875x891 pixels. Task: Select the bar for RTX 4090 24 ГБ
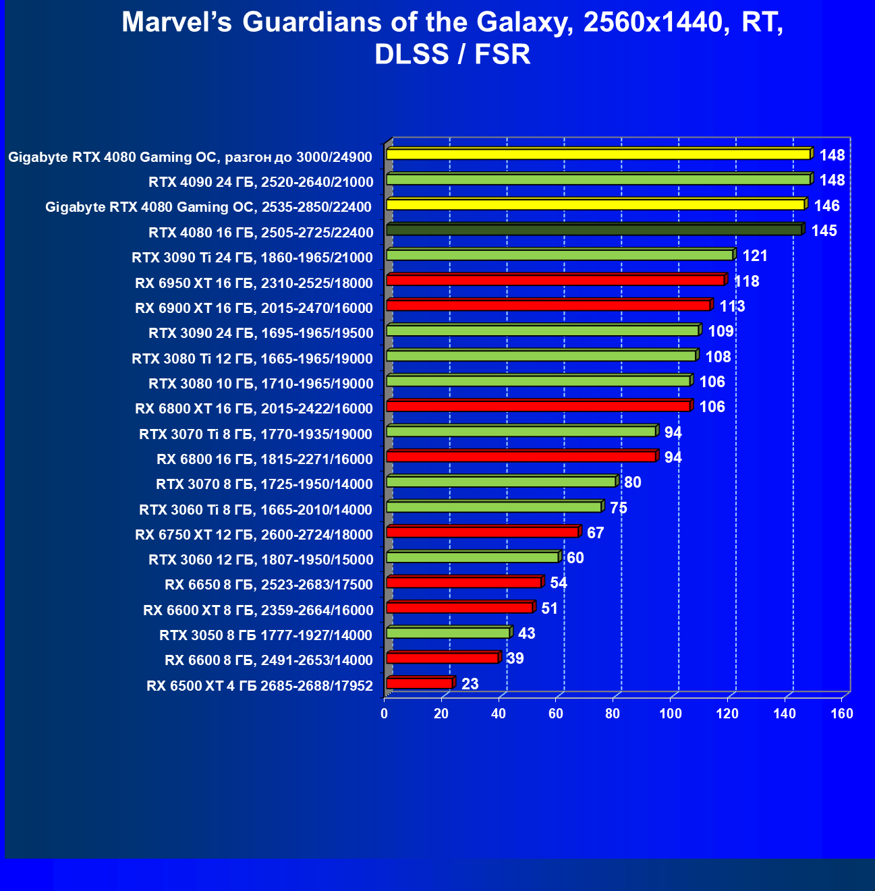pyautogui.click(x=598, y=179)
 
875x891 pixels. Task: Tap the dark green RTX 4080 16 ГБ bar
pyautogui.click(x=594, y=230)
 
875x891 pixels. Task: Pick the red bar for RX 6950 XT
pyautogui.click(x=555, y=280)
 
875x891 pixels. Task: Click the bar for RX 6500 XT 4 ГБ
pyautogui.click(x=419, y=683)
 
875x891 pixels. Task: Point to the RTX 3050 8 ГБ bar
pyautogui.click(x=448, y=633)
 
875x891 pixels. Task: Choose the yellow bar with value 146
pyautogui.click(x=595, y=204)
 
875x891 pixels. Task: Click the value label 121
pyautogui.click(x=755, y=256)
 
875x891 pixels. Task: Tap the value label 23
pyautogui.click(x=470, y=684)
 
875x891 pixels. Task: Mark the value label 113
pyautogui.click(x=732, y=307)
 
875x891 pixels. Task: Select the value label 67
pyautogui.click(x=595, y=533)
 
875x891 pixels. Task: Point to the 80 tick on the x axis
pyautogui.click(x=613, y=714)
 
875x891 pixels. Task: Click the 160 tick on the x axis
pyautogui.click(x=842, y=714)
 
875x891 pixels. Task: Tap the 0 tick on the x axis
pyautogui.click(x=385, y=714)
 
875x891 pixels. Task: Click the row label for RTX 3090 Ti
pyautogui.click(x=252, y=258)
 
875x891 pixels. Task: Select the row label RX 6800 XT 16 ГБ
pyautogui.click(x=254, y=409)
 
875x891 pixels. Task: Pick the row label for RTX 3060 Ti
pyautogui.click(x=256, y=509)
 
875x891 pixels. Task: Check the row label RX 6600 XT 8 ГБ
pyautogui.click(x=258, y=610)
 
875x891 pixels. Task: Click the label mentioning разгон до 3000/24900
pyautogui.click(x=190, y=157)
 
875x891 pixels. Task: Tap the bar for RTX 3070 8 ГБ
pyautogui.click(x=501, y=482)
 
